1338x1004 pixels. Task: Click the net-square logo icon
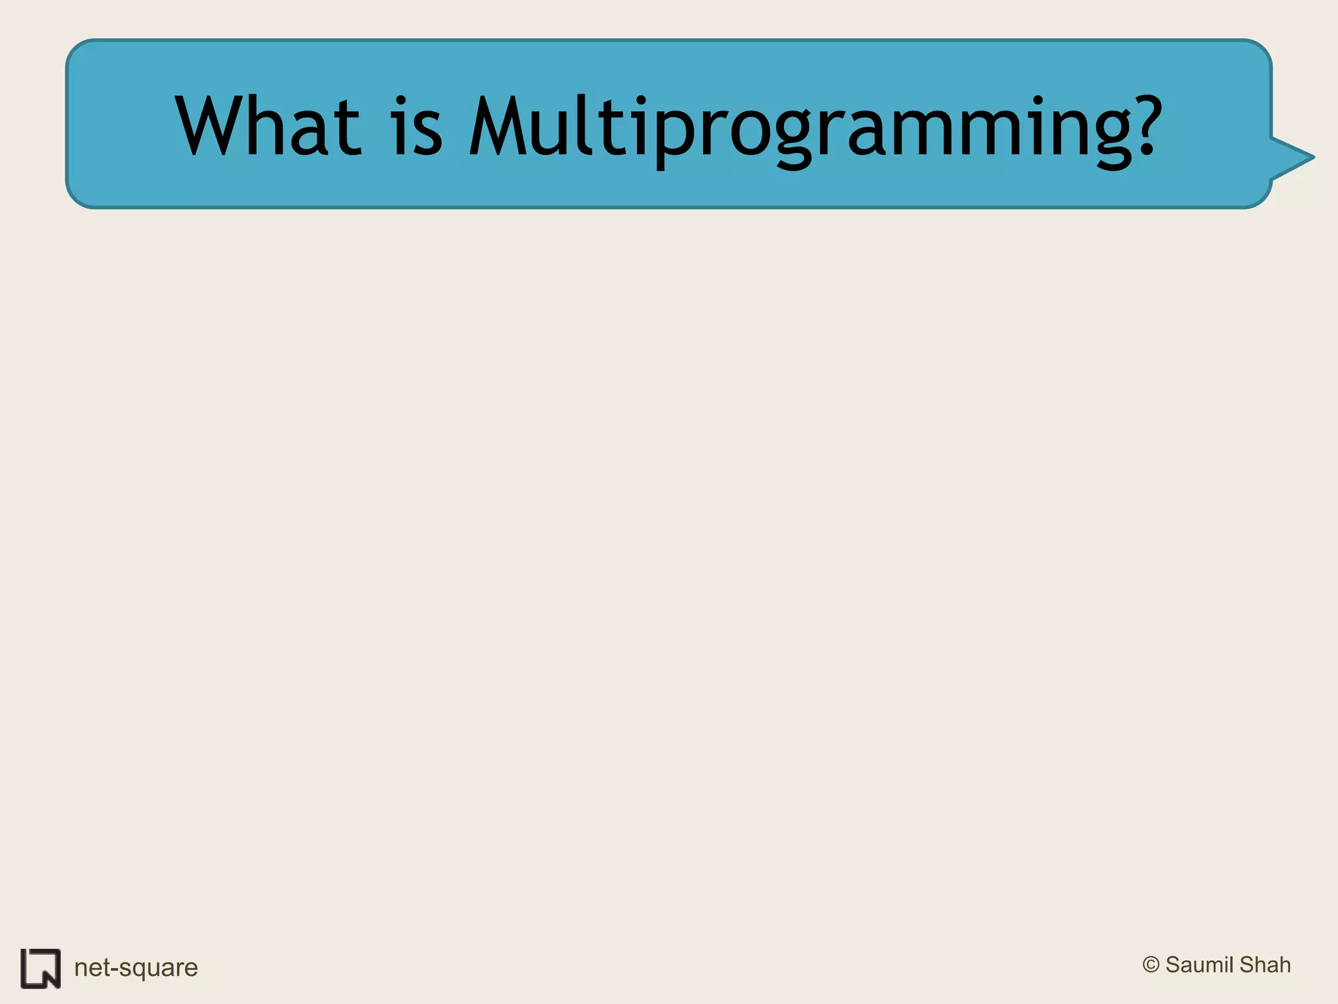pyautogui.click(x=41, y=968)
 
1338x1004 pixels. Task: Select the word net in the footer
pyautogui.click(x=91, y=968)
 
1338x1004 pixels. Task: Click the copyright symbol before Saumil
pyautogui.click(x=1150, y=965)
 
